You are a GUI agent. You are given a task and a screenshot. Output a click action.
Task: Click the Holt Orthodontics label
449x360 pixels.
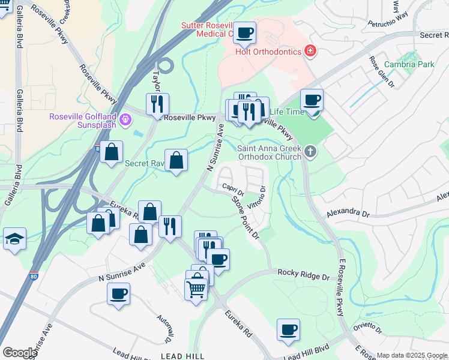click(x=268, y=52)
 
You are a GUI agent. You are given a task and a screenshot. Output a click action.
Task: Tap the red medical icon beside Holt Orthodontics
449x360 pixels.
click(x=310, y=51)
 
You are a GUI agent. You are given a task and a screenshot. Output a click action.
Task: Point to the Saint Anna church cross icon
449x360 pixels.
click(x=310, y=151)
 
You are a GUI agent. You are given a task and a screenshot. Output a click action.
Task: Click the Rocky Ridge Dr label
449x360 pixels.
click(x=304, y=277)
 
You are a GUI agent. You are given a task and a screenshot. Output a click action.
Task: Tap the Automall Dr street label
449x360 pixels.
click(x=163, y=326)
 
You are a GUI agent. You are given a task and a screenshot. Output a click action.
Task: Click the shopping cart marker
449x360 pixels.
click(x=197, y=289)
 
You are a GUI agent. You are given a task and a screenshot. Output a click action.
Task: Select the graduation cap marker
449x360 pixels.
click(x=14, y=239)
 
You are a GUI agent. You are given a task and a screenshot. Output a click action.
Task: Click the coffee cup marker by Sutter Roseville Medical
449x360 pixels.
click(x=244, y=33)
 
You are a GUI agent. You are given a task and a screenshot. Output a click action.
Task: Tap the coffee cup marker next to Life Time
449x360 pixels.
click(x=312, y=100)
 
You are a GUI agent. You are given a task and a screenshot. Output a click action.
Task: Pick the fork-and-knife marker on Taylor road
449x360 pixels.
click(x=157, y=104)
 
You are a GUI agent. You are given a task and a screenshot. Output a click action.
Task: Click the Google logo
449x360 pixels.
click(x=20, y=353)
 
